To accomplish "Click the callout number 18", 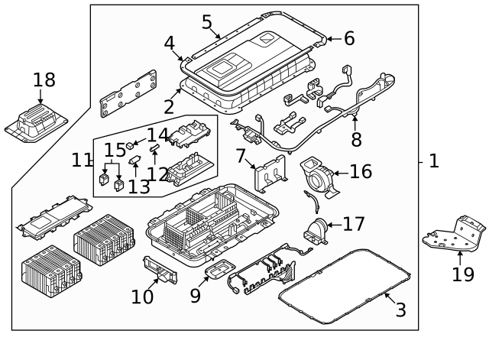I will (44, 79).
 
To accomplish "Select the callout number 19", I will (462, 274).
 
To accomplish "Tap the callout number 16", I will (360, 171).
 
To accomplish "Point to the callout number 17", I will (353, 224).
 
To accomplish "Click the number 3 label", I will (400, 310).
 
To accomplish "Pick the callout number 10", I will (142, 297).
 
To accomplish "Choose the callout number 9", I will (196, 295).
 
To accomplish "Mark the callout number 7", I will (241, 157).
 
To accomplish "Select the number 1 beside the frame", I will (434, 161).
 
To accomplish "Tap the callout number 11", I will (82, 161).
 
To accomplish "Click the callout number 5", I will (207, 22).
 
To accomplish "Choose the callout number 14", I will (157, 136).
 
